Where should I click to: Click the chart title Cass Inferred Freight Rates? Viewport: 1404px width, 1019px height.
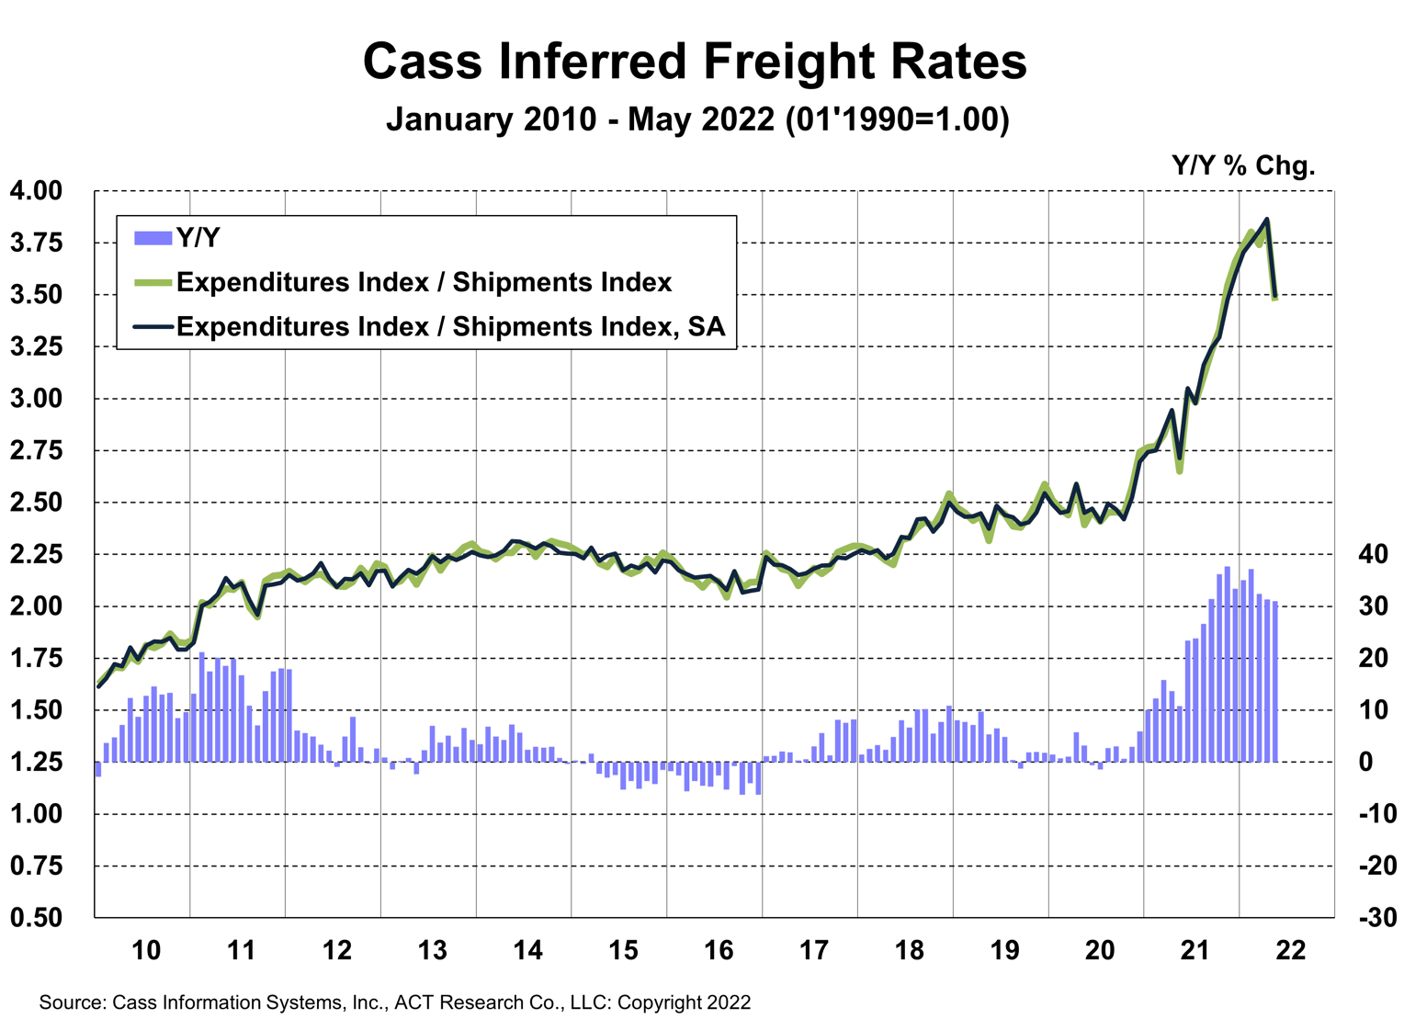(695, 62)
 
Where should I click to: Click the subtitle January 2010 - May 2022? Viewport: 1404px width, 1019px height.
(697, 119)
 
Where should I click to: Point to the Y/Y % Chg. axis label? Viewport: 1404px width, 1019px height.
(1243, 166)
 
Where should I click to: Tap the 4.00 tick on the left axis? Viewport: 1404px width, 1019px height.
(36, 191)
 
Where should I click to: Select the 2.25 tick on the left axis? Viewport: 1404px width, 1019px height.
(36, 554)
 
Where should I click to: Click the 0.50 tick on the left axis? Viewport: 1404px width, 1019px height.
(36, 917)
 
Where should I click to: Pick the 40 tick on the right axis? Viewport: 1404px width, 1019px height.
(1372, 554)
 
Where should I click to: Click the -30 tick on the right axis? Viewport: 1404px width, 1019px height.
(1376, 917)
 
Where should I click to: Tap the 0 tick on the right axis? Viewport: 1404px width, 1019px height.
(1366, 762)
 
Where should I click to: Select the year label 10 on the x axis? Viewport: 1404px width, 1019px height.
(146, 950)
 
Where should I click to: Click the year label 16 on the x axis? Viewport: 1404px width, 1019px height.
(719, 950)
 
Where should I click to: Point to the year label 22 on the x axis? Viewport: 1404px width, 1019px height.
(1291, 950)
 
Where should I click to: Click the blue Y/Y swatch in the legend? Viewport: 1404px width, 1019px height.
(153, 238)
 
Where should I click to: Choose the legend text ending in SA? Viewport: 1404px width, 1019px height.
(450, 326)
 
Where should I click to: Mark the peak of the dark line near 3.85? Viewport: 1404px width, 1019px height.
(1267, 219)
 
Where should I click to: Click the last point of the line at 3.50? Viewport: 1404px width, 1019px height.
(1275, 297)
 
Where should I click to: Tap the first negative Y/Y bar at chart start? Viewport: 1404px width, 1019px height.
(98, 769)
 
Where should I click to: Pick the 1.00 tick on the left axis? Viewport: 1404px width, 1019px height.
(36, 814)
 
